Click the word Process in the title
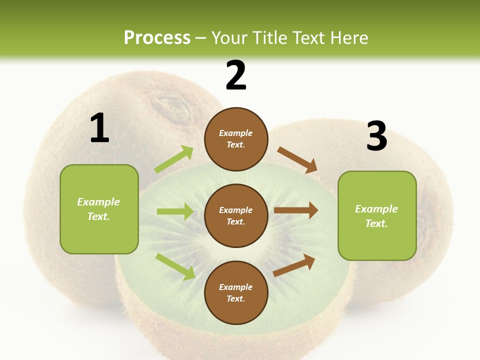coord(157,37)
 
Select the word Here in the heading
coord(349,37)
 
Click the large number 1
coord(100,127)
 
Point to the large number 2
coord(236,75)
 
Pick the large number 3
coord(377,135)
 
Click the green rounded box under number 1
coord(99,209)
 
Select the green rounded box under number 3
coord(377,216)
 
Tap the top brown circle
coord(236,139)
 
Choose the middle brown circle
coord(236,216)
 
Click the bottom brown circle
coord(236,292)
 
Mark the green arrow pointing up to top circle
coord(174,159)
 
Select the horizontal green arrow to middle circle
coord(175,211)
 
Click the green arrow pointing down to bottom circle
coord(175,267)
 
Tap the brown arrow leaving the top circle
coord(297,160)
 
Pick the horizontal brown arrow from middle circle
coord(296,210)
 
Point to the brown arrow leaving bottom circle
coord(294,265)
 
